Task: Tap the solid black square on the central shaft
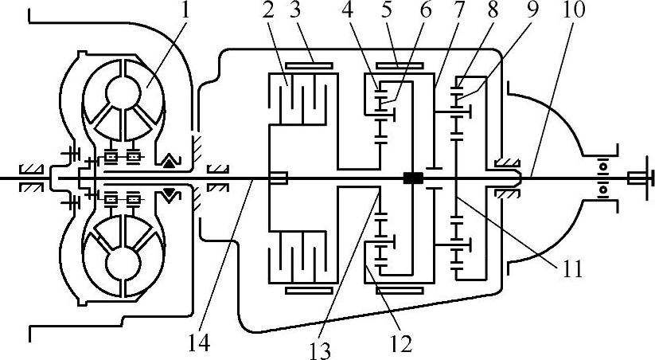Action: point(412,178)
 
